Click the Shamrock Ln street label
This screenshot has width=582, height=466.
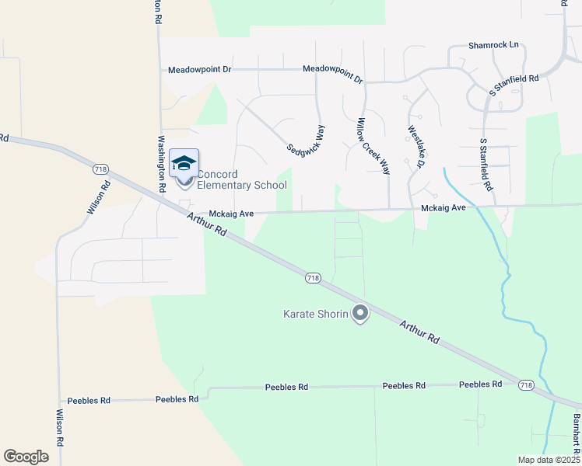coord(493,45)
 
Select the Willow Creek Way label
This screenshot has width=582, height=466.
coord(373,145)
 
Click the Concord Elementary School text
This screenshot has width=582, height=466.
coord(241,179)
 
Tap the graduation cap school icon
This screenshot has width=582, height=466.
coord(184,163)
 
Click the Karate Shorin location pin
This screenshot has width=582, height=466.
coord(359,313)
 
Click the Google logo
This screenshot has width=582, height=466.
coord(26,456)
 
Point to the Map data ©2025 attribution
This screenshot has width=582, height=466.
coord(548,460)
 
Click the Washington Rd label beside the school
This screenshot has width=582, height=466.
coord(162,164)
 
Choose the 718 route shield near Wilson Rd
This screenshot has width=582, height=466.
coord(100,169)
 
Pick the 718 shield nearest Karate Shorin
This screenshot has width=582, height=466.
coord(313,277)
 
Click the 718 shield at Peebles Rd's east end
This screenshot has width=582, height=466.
coord(526,384)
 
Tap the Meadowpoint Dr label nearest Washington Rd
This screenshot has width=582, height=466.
coord(200,70)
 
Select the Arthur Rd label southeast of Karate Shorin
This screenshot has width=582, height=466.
coord(420,330)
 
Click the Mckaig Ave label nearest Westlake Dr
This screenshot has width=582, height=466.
coord(443,208)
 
